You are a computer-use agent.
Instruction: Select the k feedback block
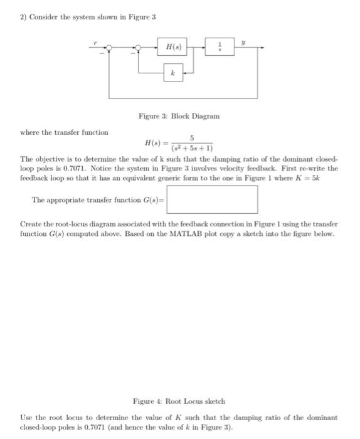pos(172,73)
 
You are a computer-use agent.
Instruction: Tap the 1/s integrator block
pos(220,47)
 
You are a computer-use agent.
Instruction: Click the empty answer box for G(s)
pos(212,199)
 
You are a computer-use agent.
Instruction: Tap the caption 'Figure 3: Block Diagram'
pos(179,116)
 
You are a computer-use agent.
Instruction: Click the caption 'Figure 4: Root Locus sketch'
pos(179,401)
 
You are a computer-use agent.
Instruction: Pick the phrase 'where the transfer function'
pos(64,132)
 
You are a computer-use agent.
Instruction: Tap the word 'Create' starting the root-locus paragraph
pos(31,224)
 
